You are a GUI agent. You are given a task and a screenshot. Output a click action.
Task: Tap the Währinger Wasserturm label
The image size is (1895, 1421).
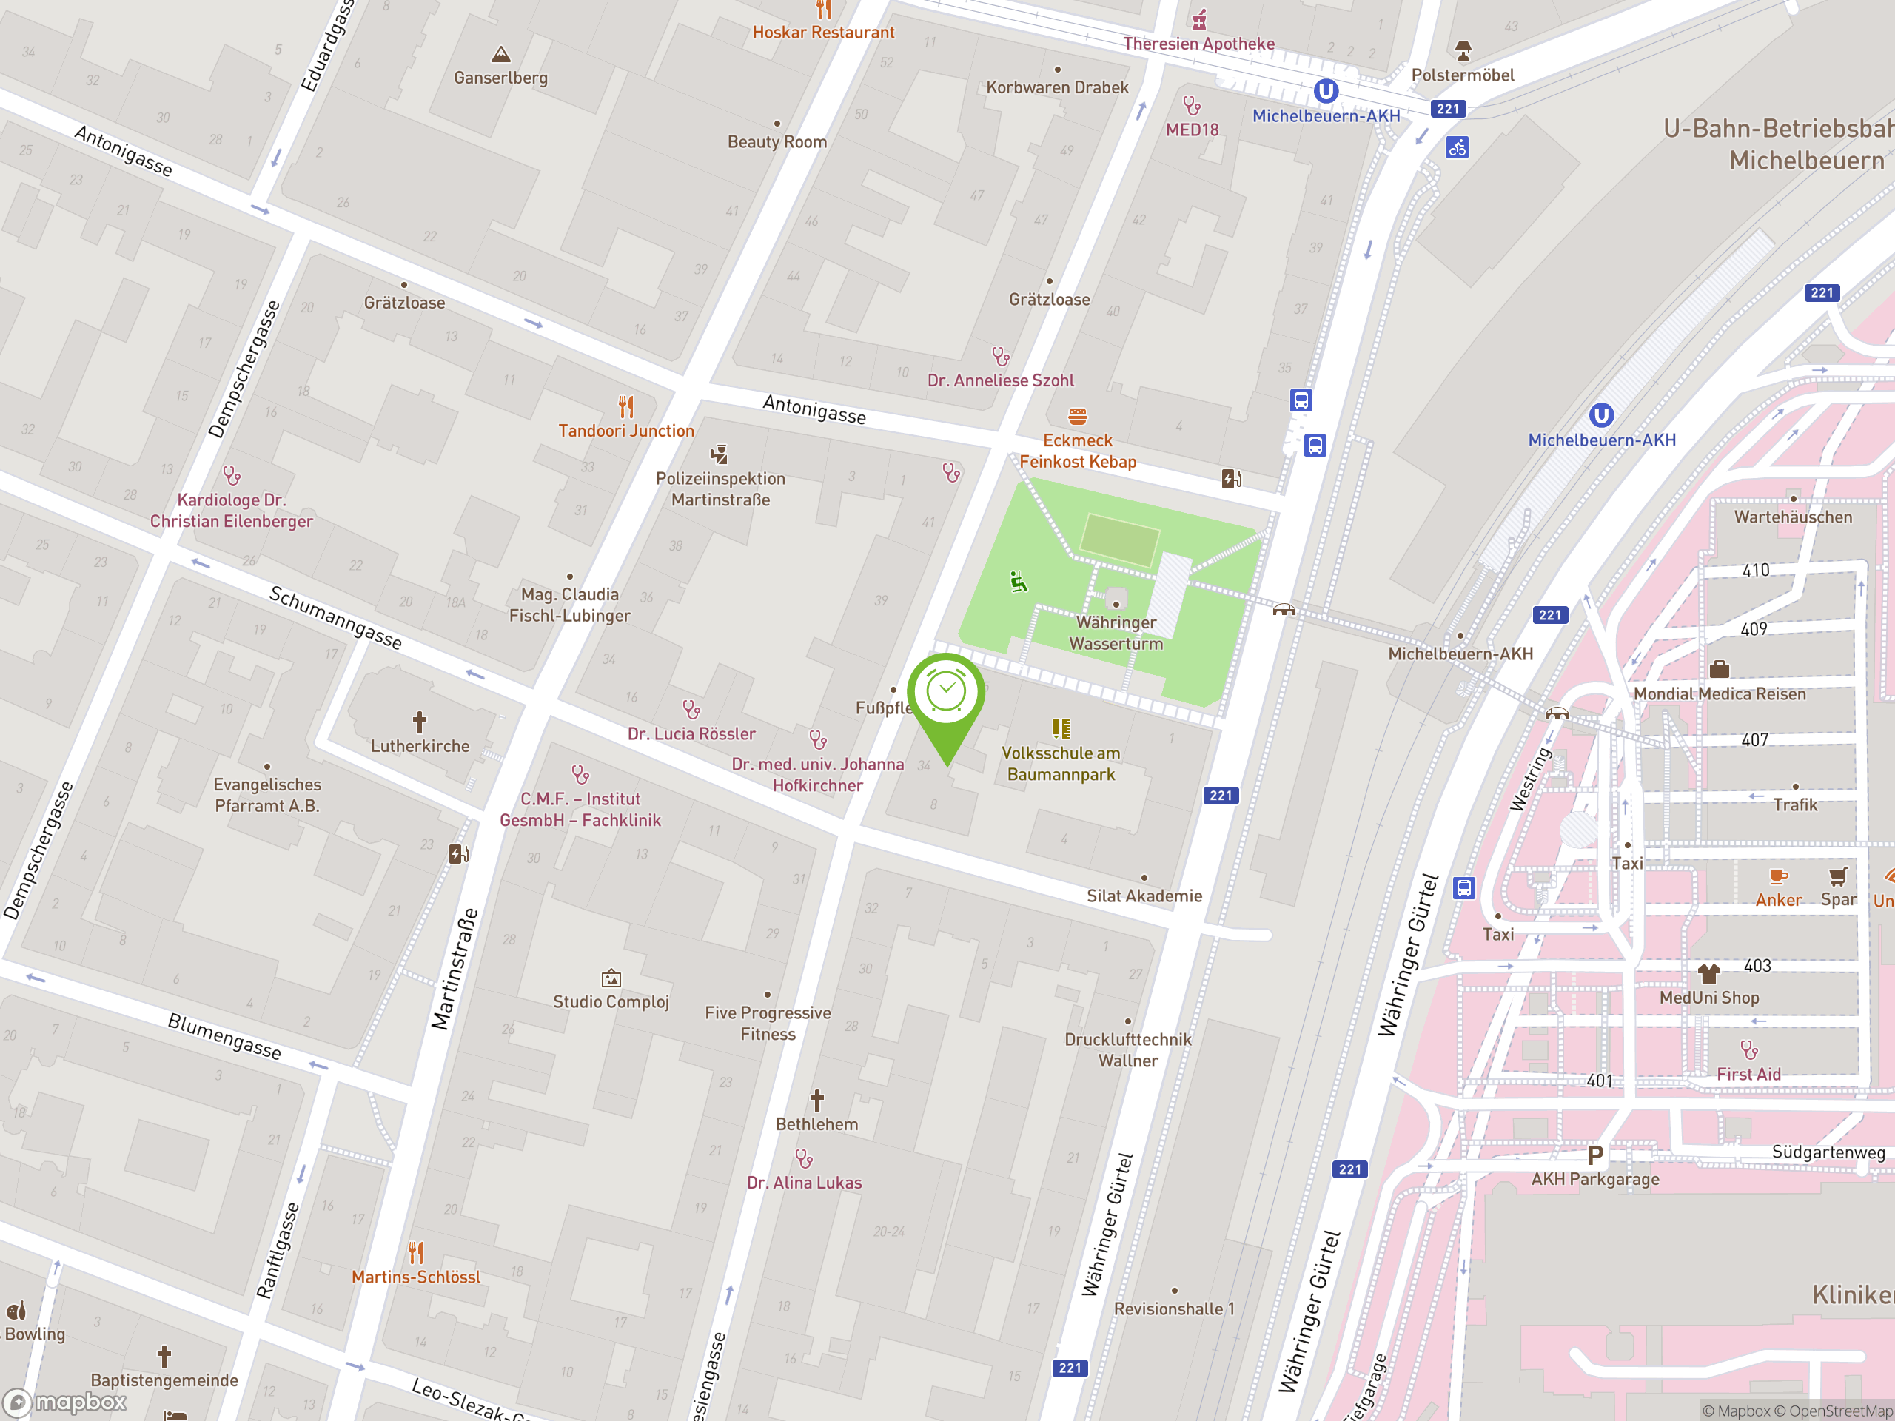click(1116, 633)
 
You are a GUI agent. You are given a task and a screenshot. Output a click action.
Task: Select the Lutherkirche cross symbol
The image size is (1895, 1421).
click(420, 722)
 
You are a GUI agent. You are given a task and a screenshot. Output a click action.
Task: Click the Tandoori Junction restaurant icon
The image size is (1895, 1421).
click(626, 406)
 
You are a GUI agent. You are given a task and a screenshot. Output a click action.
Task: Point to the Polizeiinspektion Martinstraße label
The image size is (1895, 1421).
click(720, 489)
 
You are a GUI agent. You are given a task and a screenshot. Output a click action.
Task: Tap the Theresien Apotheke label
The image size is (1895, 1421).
click(1198, 44)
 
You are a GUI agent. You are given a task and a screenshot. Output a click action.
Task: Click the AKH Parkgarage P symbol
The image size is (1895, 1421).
click(1594, 1155)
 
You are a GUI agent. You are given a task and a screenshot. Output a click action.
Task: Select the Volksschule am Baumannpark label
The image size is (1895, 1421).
click(1061, 763)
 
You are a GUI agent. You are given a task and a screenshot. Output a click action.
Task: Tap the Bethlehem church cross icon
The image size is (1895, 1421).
click(817, 1100)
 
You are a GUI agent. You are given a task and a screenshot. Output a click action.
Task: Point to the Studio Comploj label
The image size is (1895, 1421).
click(611, 1001)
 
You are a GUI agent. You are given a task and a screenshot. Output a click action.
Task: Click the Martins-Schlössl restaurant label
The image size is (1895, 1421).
click(416, 1276)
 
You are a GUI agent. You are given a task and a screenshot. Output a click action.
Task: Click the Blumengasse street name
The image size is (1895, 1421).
click(224, 1036)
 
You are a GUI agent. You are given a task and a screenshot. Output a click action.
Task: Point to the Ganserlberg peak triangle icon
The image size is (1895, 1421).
click(501, 55)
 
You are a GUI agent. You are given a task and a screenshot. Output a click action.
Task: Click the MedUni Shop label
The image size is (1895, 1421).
click(1708, 998)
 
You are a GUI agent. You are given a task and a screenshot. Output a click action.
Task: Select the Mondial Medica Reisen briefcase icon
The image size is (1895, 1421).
click(1719, 669)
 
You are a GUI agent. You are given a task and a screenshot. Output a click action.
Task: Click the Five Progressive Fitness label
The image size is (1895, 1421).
click(768, 1023)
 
